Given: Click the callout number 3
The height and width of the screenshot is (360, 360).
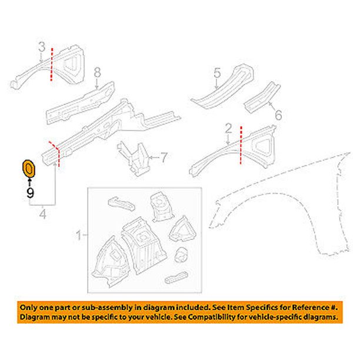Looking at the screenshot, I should [41, 45].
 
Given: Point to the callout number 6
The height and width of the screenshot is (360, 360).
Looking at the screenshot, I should [278, 114].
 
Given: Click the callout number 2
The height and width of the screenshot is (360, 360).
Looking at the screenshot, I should [228, 127].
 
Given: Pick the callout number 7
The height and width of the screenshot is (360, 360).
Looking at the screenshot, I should [164, 157].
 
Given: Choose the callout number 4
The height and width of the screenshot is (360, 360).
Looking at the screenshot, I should [42, 214].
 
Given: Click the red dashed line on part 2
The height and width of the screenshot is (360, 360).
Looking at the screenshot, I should [241, 147].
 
